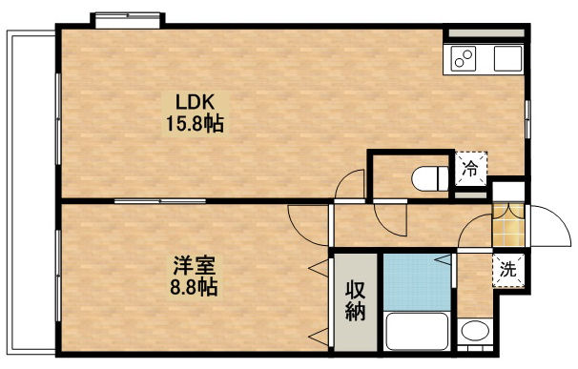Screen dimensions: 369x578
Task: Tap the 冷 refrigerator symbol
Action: click(470, 171)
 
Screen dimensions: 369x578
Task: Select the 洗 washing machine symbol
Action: click(508, 270)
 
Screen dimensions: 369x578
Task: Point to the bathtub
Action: click(417, 333)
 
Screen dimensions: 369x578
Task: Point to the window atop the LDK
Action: click(128, 18)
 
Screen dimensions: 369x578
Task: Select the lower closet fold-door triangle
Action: click(318, 333)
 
